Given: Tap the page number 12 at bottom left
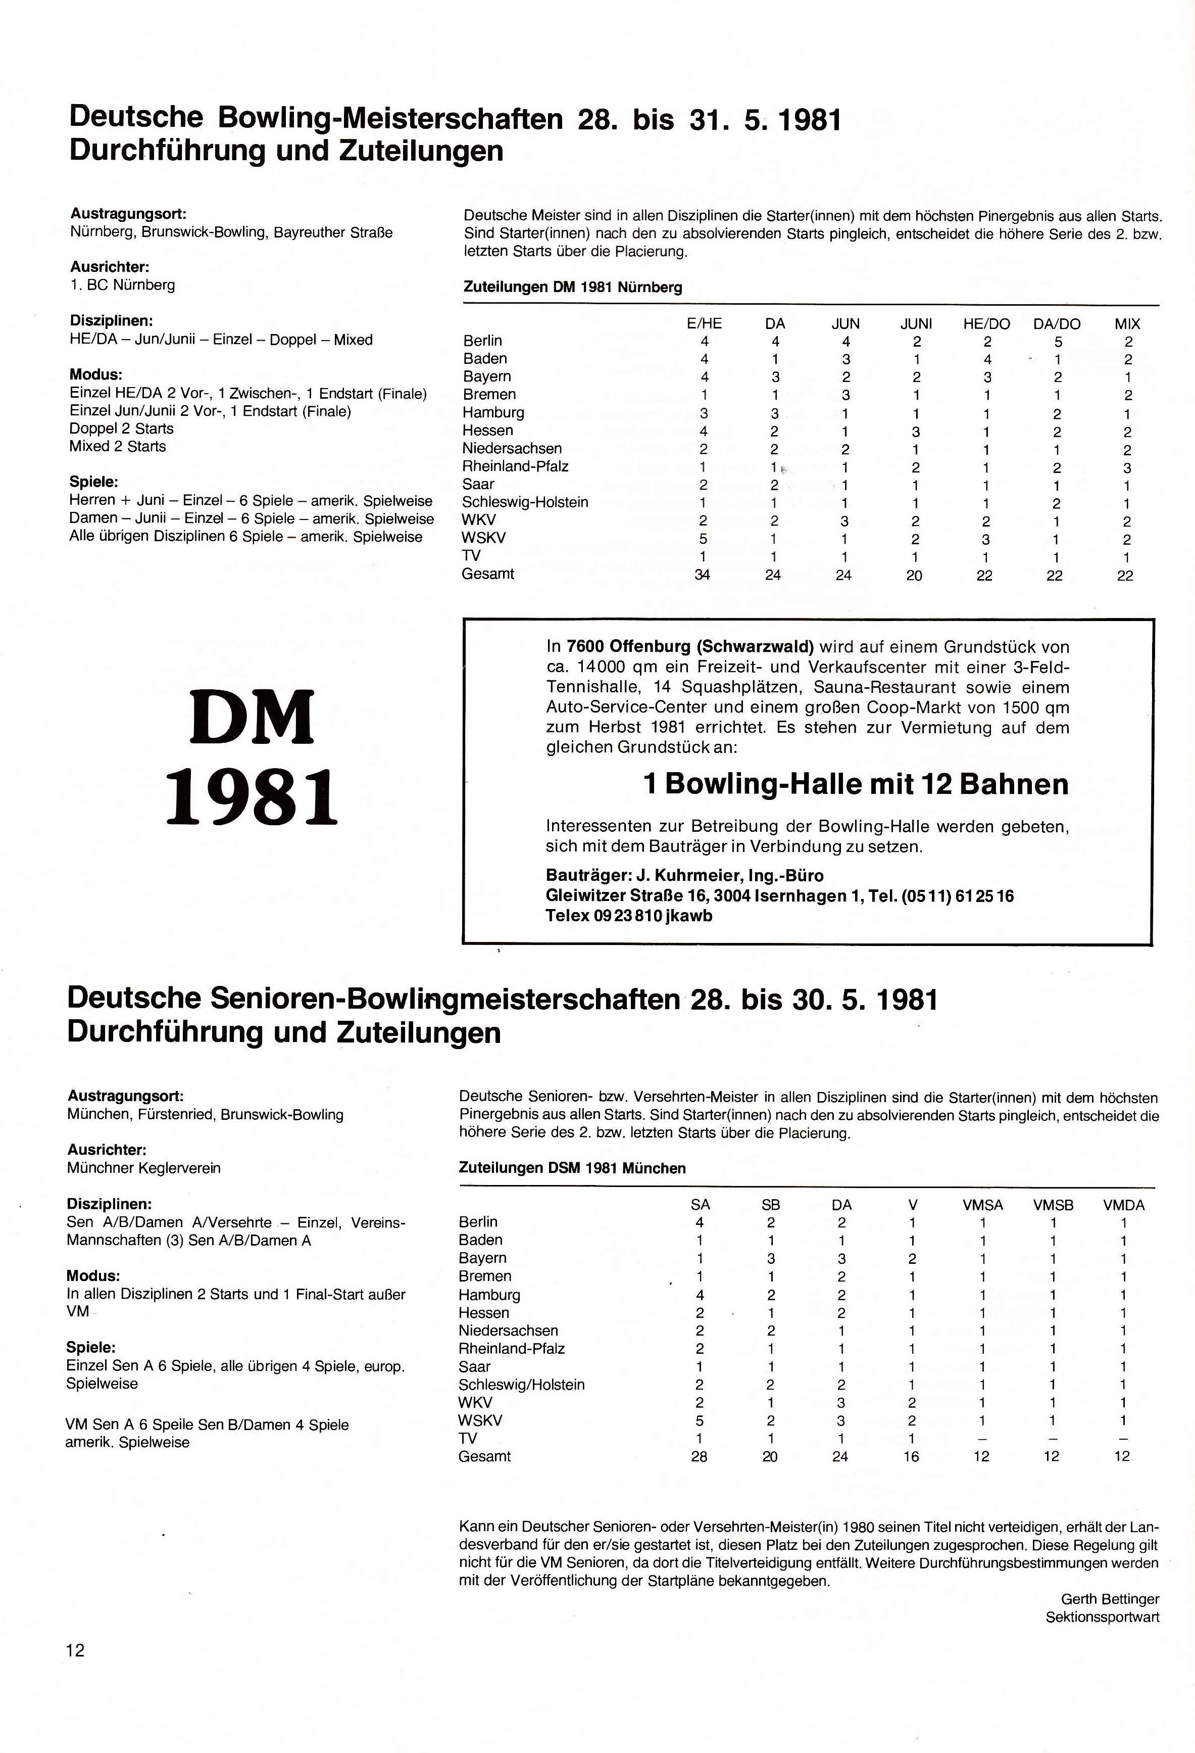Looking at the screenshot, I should tap(75, 1650).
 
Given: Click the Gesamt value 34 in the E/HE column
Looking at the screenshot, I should tap(702, 575).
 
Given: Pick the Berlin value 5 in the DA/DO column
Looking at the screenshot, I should tap(1057, 341).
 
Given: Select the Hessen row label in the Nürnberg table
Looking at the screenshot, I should tap(488, 431).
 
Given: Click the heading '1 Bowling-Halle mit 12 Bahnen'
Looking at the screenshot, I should tap(856, 784).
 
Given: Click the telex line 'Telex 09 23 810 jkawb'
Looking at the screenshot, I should tap(629, 916).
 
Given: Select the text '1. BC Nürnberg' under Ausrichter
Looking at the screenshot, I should tap(122, 285).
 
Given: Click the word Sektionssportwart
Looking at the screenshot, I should tap(1102, 1617).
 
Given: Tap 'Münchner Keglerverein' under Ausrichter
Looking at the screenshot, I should tap(143, 1168).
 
